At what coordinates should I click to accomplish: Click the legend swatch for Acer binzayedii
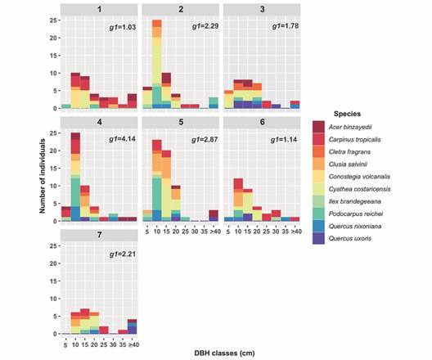(x=320, y=125)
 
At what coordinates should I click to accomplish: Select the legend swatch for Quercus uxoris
(x=320, y=239)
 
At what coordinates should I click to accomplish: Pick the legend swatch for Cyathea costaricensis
(x=320, y=189)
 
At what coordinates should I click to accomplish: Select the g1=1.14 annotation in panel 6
(x=283, y=141)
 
